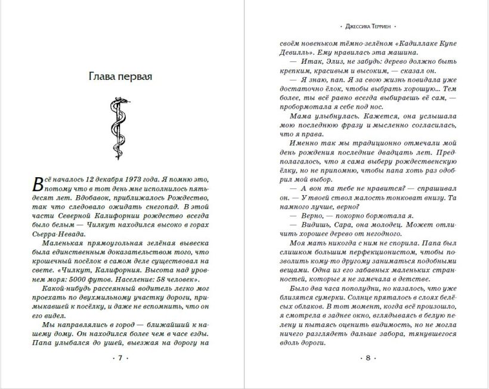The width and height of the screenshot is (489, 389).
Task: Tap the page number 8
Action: pos(367,358)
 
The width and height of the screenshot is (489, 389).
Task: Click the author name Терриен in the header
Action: pos(377,27)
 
